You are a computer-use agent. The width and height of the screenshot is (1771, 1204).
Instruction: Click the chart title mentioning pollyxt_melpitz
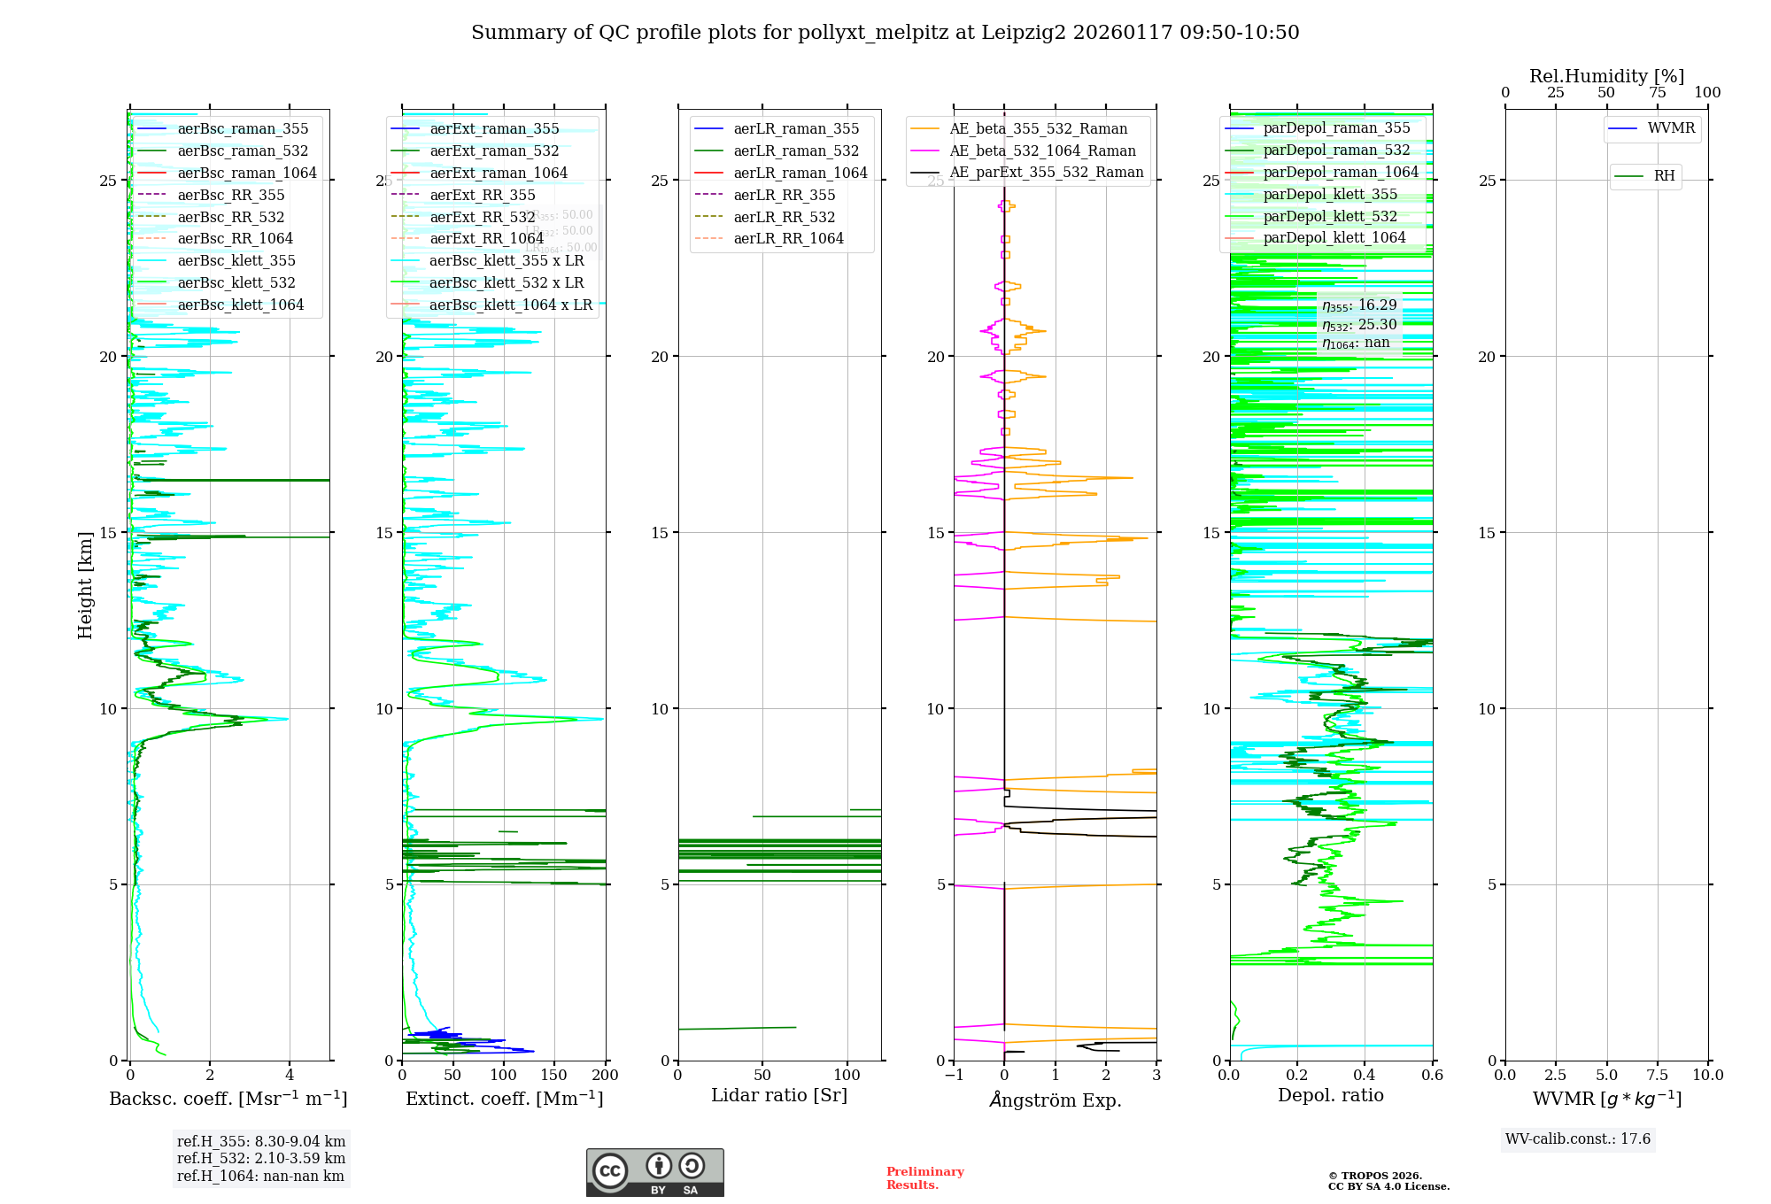885,33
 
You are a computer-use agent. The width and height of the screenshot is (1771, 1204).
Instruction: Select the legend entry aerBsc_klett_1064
240,305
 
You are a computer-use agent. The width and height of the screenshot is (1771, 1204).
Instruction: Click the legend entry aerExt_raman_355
494,128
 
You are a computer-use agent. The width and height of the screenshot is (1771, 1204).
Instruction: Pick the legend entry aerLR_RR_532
784,217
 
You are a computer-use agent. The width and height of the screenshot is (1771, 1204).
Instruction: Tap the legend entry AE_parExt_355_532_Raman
1046,172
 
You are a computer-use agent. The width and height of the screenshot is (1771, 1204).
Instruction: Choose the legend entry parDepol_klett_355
1330,194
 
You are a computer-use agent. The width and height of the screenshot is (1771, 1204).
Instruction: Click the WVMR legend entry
1671,128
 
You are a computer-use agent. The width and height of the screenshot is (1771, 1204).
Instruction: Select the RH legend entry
1664,176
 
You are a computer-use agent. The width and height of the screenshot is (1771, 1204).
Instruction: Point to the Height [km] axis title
85,584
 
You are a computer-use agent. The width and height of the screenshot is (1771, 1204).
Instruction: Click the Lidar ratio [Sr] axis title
779,1095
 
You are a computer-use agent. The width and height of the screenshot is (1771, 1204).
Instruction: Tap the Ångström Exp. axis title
1056,1100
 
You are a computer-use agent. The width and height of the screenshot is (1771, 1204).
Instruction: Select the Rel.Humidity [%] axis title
1606,76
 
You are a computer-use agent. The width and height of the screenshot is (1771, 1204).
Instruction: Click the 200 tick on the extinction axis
606,1075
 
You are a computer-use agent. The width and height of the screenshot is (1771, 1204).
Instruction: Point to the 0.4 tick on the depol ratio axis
1365,1075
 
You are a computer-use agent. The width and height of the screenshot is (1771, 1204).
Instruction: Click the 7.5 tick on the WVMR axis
1658,1075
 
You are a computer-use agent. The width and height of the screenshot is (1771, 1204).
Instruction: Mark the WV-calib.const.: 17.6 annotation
1578,1138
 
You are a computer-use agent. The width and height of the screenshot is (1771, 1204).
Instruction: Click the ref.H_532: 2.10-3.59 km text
261,1158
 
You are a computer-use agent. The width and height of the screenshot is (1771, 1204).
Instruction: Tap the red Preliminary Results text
924,1177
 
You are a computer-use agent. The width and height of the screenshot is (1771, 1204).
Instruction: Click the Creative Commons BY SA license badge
654,1172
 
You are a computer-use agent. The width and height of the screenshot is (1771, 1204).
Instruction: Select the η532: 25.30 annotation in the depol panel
1359,324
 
